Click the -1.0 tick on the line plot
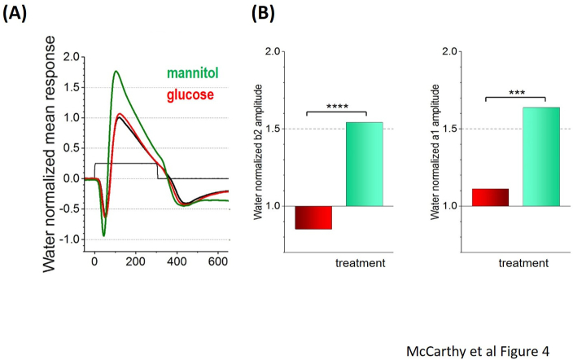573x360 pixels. coord(70,239)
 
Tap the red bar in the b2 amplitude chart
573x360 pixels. coord(313,217)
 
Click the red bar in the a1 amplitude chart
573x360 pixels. coord(490,197)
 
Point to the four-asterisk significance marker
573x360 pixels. coord(336,106)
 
